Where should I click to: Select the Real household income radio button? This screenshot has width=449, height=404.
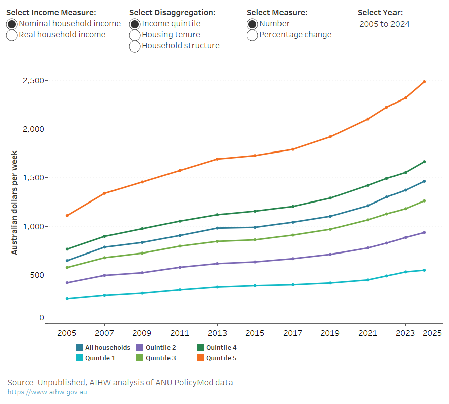click(12, 35)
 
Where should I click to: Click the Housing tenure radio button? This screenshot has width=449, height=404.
click(135, 35)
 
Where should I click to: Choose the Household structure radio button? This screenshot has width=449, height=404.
click(135, 46)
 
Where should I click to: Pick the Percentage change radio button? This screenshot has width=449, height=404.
click(252, 35)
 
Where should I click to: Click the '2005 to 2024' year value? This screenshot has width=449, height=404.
click(384, 24)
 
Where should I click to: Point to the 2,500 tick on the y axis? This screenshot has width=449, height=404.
click(33, 81)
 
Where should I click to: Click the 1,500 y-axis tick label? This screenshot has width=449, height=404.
click(33, 178)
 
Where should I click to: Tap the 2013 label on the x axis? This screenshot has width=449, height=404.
click(217, 333)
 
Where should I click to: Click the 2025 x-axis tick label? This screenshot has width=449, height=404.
click(433, 333)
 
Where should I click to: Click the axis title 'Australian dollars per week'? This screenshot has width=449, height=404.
click(15, 202)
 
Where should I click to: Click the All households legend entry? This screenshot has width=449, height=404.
click(103, 347)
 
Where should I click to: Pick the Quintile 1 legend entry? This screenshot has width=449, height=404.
click(96, 358)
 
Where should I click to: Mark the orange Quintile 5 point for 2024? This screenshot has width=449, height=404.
click(424, 82)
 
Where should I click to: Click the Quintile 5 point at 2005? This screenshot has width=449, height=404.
click(67, 216)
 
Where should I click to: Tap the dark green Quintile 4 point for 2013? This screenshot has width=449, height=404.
click(217, 215)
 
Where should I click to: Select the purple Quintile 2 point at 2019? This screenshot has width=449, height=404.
click(330, 255)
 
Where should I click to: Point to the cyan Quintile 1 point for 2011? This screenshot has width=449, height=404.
click(180, 290)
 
